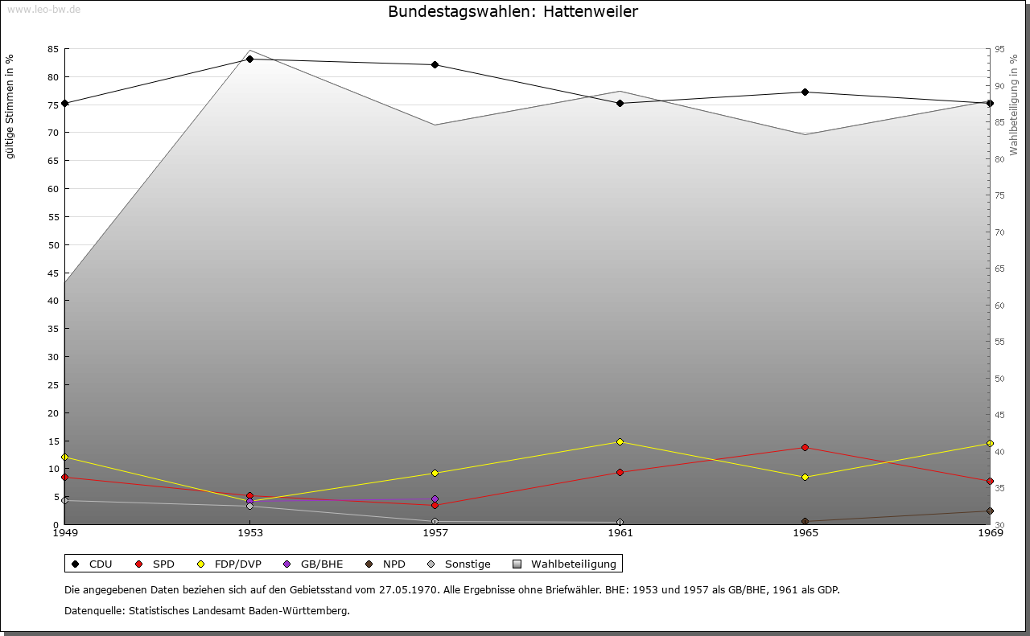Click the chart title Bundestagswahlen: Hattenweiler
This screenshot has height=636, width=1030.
[x=513, y=12]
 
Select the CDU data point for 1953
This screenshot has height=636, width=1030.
[x=249, y=59]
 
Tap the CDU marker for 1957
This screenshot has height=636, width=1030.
[x=435, y=64]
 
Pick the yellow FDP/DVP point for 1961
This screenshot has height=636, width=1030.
[x=620, y=441]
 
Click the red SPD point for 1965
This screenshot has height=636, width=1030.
[x=805, y=447]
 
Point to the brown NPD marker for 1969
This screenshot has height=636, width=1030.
[x=990, y=511]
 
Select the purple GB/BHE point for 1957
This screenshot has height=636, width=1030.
[x=435, y=499]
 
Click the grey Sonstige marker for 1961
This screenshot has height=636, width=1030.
[x=620, y=522]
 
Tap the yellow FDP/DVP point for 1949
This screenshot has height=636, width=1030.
[x=64, y=457]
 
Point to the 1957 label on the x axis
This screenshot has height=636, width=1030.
[x=435, y=532]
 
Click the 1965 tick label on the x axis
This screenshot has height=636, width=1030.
[x=805, y=532]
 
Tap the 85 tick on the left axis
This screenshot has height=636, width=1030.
[x=52, y=49]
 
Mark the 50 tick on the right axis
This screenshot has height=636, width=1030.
[x=999, y=379]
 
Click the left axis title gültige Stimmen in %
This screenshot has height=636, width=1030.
[x=10, y=106]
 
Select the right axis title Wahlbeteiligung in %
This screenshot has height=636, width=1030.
[x=1014, y=105]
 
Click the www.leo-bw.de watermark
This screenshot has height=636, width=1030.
[x=43, y=9]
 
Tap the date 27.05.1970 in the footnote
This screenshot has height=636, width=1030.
[x=408, y=589]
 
